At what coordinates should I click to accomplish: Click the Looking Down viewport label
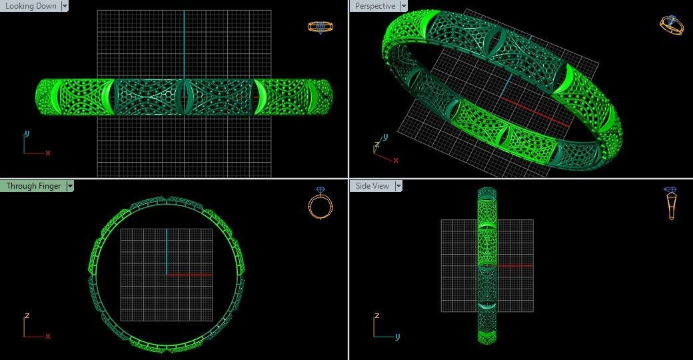pyautogui.click(x=31, y=6)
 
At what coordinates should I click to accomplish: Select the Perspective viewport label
pyautogui.click(x=374, y=6)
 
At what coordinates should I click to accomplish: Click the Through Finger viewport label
pyautogui.click(x=33, y=186)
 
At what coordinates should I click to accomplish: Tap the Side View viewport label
pyautogui.click(x=372, y=186)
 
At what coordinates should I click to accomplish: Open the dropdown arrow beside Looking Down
pyautogui.click(x=65, y=6)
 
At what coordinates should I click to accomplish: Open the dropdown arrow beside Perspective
pyautogui.click(x=402, y=6)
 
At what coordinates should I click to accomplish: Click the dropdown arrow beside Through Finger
pyautogui.click(x=69, y=186)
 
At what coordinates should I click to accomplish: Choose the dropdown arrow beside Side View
pyautogui.click(x=398, y=186)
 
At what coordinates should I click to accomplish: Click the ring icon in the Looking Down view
pyautogui.click(x=320, y=27)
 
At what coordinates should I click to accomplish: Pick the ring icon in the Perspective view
pyautogui.click(x=671, y=25)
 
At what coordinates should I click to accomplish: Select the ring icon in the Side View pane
pyautogui.click(x=671, y=203)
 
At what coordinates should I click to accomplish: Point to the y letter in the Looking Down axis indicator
pyautogui.click(x=27, y=133)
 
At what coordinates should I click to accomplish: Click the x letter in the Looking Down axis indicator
pyautogui.click(x=48, y=153)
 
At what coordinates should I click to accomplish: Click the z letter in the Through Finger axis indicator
pyautogui.click(x=27, y=315)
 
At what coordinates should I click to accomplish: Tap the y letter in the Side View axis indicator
pyautogui.click(x=397, y=336)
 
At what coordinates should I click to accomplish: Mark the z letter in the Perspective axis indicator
pyautogui.click(x=377, y=143)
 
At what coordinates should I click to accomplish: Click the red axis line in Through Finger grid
pyautogui.click(x=190, y=275)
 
